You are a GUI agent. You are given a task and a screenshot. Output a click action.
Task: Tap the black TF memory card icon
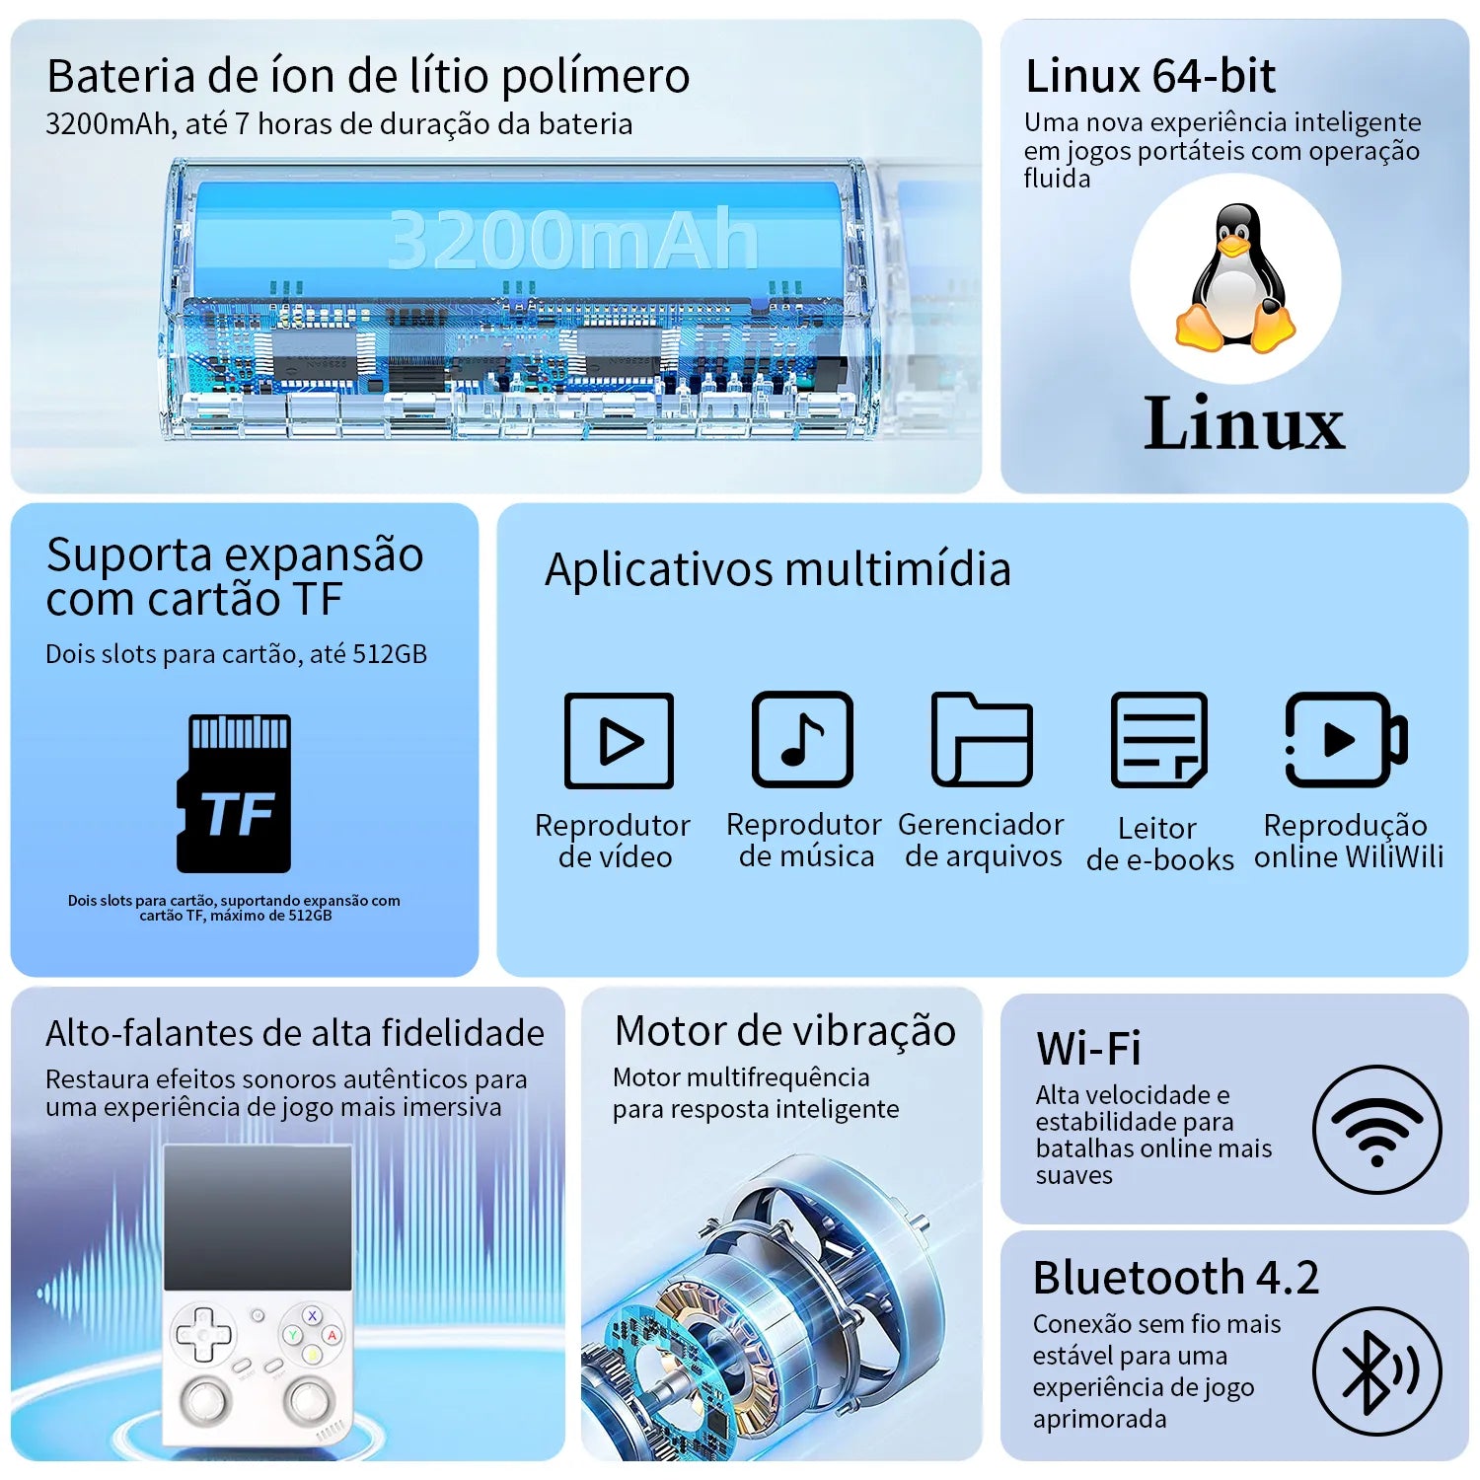point(234,793)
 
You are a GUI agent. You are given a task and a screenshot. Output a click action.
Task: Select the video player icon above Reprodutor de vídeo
point(619,740)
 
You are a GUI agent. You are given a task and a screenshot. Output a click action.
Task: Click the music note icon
point(802,739)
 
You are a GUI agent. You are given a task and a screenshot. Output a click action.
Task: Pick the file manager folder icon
point(982,739)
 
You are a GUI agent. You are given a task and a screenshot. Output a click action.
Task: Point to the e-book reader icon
point(1159,739)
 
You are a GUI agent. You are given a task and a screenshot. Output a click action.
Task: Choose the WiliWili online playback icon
point(1347,739)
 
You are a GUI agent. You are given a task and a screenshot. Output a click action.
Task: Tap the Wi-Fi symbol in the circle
point(1376,1131)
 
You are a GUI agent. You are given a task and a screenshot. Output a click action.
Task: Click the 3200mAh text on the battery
point(572,239)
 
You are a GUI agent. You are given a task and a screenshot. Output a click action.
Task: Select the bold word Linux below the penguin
point(1243,422)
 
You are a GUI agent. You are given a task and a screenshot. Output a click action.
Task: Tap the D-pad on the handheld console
point(203,1335)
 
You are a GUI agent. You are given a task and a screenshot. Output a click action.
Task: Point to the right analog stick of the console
point(309,1398)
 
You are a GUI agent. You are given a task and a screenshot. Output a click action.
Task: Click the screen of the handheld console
point(258,1219)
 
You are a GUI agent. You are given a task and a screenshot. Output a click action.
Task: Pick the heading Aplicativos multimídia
point(777,569)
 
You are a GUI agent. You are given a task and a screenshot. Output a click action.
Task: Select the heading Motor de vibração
point(785,1031)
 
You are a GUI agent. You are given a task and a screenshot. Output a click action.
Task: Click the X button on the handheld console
point(312,1315)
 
